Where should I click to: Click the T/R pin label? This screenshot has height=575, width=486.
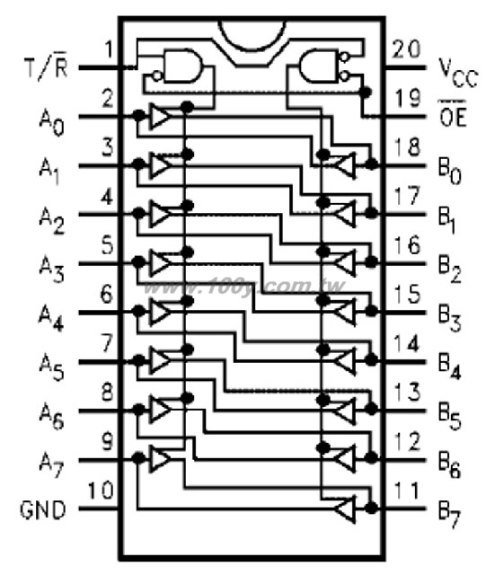(46, 67)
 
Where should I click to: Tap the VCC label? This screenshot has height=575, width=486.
(458, 73)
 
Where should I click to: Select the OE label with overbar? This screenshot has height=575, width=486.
(452, 113)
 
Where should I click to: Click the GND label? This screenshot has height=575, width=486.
(43, 509)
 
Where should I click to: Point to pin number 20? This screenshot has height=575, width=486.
(406, 49)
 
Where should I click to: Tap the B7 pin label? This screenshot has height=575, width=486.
(449, 516)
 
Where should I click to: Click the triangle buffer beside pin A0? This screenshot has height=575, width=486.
(160, 116)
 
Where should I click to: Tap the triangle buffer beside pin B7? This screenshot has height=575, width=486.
(344, 509)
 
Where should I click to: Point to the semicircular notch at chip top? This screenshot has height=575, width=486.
(252, 36)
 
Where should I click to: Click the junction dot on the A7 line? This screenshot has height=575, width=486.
(138, 457)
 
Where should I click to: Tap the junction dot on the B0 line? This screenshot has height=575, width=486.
(372, 164)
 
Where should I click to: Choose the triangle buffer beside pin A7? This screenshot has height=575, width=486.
(160, 458)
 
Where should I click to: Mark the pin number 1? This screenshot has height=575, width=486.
(109, 49)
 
